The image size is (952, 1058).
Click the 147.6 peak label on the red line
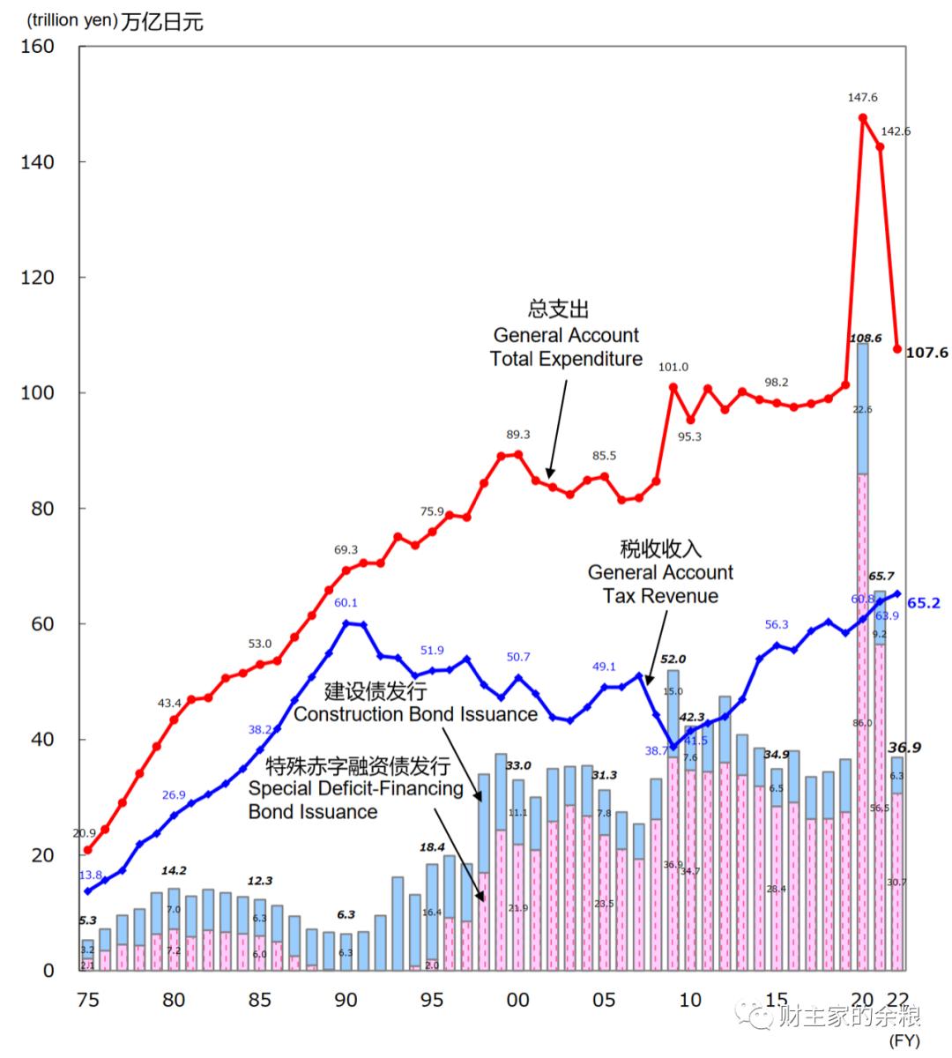862,98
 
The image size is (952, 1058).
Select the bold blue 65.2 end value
923,603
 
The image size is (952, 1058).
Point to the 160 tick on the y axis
37,46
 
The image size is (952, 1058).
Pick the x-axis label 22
898,1000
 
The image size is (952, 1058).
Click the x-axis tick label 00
518,1000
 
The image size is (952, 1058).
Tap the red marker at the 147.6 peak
862,117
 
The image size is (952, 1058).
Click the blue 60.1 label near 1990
346,603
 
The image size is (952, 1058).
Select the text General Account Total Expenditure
566,346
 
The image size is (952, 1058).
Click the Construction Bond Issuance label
415,713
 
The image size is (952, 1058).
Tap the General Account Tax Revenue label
660,584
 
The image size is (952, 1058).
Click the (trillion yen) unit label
61,21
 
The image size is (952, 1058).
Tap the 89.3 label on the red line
517,434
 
